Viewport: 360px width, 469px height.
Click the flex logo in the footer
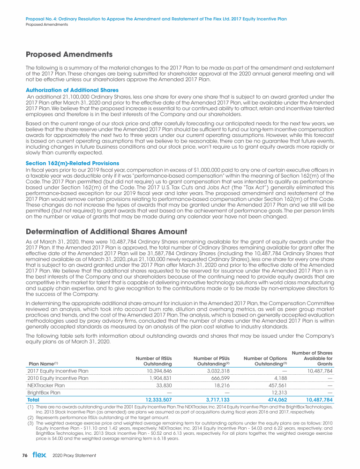coord(39,455)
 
